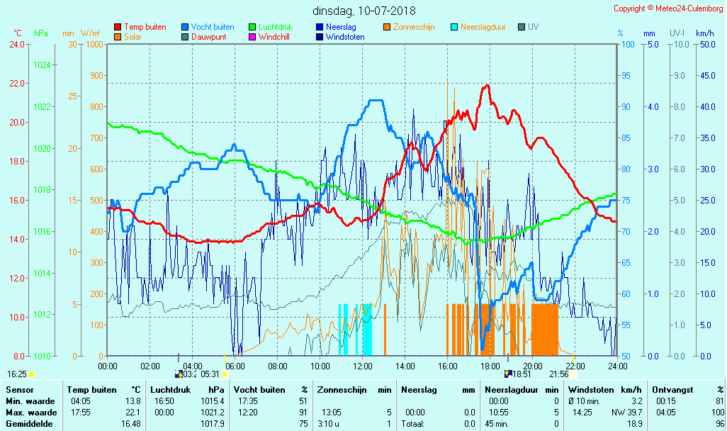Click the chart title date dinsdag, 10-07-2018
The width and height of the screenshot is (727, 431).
[x=364, y=11]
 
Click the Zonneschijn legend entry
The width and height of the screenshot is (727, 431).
[x=413, y=27]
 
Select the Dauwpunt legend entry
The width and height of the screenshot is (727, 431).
[x=208, y=37]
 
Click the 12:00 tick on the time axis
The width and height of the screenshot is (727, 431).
[x=363, y=366]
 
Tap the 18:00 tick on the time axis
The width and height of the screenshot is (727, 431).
[x=490, y=366]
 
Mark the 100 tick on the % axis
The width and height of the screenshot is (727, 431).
[x=628, y=45]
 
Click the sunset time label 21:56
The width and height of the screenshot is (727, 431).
[x=558, y=374]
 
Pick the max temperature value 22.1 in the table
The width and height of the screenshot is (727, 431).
[x=132, y=412]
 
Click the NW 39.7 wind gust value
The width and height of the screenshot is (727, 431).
[x=628, y=412]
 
